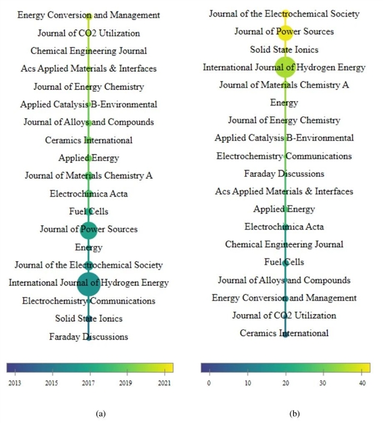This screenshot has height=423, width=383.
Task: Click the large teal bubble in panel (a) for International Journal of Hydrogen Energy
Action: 89,282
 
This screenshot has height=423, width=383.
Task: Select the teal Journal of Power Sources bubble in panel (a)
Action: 89,229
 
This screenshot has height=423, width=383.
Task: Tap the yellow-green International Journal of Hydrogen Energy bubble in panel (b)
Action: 285,67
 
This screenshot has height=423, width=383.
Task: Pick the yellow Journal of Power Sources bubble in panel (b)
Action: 285,31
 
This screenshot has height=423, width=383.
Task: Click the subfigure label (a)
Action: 100,413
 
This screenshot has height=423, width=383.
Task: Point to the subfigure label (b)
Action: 294,413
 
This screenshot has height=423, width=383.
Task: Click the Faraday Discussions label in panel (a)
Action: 89,337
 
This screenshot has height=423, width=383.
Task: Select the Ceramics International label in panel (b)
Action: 284,333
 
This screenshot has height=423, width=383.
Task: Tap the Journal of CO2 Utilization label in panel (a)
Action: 89,33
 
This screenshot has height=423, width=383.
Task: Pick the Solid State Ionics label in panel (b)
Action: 284,49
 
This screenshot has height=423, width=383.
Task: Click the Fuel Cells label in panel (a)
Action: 89,211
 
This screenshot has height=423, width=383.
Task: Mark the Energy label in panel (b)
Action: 284,102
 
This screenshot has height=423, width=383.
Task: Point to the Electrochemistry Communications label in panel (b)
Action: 284,156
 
